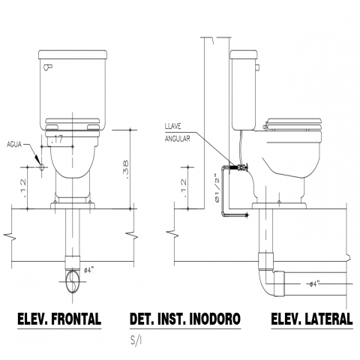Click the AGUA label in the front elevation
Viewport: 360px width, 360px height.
[x=14, y=145]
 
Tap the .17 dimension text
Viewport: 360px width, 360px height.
[x=56, y=139]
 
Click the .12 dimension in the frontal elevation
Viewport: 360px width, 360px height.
[x=23, y=188]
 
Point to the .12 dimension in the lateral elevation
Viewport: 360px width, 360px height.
[x=184, y=188]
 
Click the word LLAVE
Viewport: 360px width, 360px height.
[x=172, y=127]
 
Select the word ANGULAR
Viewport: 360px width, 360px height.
[x=177, y=138]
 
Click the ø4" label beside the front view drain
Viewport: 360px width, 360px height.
[x=88, y=270]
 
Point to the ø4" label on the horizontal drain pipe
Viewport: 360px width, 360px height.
[x=314, y=284]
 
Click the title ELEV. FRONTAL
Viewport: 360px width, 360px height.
[x=59, y=319]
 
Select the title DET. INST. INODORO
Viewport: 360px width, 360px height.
[x=185, y=319]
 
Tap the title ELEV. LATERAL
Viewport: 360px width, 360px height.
[x=312, y=319]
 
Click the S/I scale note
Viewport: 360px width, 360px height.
[x=136, y=340]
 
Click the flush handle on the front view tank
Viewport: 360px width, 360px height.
[x=48, y=67]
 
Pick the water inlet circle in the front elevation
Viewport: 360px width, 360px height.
[x=42, y=166]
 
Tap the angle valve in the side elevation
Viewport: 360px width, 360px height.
[x=241, y=167]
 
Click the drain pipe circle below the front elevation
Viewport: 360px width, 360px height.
[x=73, y=281]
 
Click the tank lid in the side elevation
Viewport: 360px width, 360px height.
[x=244, y=55]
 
